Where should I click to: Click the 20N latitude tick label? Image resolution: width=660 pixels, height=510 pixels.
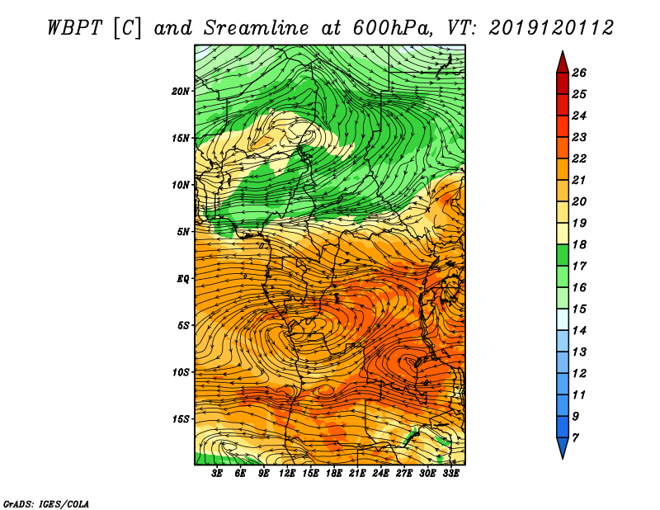click(181, 91)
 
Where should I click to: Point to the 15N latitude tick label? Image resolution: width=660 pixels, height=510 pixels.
click(181, 138)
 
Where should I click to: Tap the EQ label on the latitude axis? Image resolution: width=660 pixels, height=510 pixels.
click(183, 278)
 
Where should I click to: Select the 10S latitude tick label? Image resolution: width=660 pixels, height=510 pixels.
click(181, 372)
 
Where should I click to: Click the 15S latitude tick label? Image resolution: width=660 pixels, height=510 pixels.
click(181, 419)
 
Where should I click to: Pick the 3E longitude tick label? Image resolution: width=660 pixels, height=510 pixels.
click(217, 474)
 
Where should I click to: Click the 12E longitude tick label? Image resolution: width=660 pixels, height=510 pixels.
click(287, 474)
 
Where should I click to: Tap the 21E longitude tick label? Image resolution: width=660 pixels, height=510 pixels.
click(357, 474)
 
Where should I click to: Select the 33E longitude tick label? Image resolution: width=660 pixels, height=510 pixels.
click(450, 474)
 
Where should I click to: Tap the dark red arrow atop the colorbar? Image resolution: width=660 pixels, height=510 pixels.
click(562, 62)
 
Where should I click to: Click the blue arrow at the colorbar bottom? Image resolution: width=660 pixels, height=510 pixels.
click(562, 448)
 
